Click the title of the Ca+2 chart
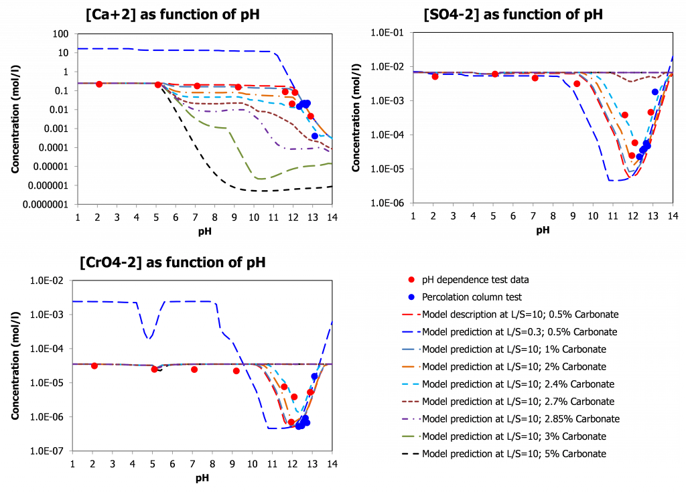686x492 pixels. pos(173,15)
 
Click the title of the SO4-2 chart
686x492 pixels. pos(513,15)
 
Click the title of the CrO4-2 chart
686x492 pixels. pos(173,262)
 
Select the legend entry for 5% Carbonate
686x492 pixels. pos(514,454)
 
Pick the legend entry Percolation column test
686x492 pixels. pos(472,297)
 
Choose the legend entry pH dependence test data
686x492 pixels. pos(475,280)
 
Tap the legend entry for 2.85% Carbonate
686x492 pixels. pos(521,419)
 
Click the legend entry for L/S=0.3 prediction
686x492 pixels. pos(519,332)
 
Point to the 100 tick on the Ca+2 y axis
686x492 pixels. pos(60,33)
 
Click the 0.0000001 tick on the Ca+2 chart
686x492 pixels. pos(46,204)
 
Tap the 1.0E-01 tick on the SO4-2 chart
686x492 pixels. pos(387,33)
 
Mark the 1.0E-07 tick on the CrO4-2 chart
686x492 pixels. pos(47,451)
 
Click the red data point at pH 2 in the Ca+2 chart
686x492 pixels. pos(99,84)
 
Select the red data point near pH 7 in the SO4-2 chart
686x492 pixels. pos(535,78)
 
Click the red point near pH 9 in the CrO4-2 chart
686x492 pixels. pos(236,371)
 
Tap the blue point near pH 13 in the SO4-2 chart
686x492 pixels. pos(655,92)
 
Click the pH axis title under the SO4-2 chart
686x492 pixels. pos(543,230)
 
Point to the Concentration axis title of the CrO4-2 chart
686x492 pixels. pos(15,365)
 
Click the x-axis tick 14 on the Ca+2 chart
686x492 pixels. pos(332,218)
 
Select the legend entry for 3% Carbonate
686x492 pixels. pos(514,436)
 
